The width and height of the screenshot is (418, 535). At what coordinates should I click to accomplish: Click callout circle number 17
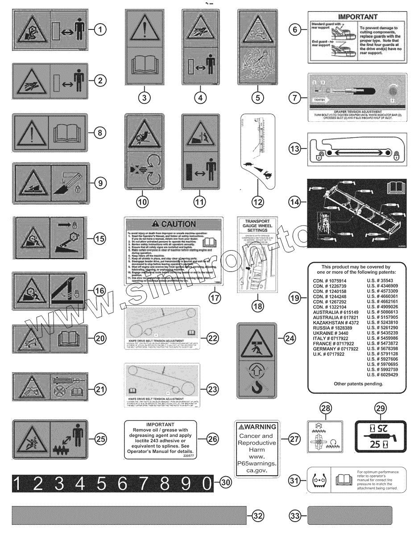(x=215, y=297)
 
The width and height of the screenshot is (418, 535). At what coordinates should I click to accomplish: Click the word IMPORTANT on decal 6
(x=358, y=17)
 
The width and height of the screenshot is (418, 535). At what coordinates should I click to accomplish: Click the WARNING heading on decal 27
(x=257, y=427)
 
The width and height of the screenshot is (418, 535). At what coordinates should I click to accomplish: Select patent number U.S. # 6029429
(x=382, y=374)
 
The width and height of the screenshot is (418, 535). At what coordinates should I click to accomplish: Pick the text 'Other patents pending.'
(x=358, y=384)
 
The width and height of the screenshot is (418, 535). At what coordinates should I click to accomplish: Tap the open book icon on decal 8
(x=68, y=133)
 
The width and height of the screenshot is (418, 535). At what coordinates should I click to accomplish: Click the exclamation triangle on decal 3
(x=144, y=29)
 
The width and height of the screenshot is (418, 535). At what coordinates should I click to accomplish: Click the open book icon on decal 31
(x=344, y=481)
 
